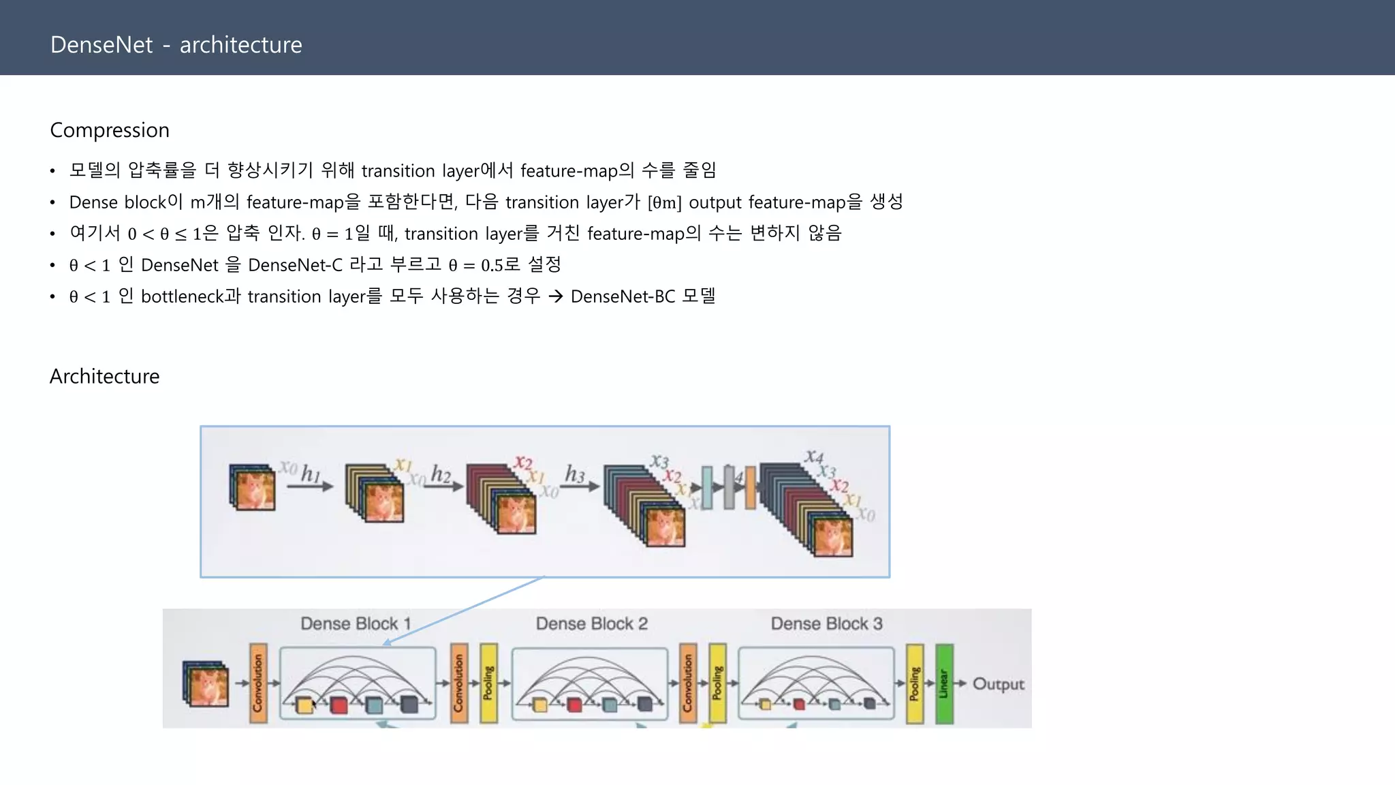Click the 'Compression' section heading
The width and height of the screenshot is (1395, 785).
point(110,130)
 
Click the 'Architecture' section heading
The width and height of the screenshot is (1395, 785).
point(104,376)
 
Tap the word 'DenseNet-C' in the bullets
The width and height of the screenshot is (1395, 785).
point(295,265)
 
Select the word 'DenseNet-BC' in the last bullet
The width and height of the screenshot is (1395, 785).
point(623,296)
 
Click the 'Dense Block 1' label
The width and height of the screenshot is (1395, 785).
point(356,624)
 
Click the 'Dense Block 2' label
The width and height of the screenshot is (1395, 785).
point(591,624)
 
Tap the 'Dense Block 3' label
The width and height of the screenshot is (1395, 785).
point(826,624)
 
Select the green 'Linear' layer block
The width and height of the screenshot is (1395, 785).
point(944,683)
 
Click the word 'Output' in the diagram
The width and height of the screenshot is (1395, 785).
point(998,683)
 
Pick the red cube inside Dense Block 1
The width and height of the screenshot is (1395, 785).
point(339,705)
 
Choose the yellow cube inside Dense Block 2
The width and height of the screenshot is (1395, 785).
point(540,705)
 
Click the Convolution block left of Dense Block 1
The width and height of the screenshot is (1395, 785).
point(258,683)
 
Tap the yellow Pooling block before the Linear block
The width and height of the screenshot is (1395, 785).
point(915,683)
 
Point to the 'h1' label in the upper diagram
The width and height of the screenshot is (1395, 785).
point(311,473)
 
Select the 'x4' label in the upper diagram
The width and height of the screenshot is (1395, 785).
point(814,456)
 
